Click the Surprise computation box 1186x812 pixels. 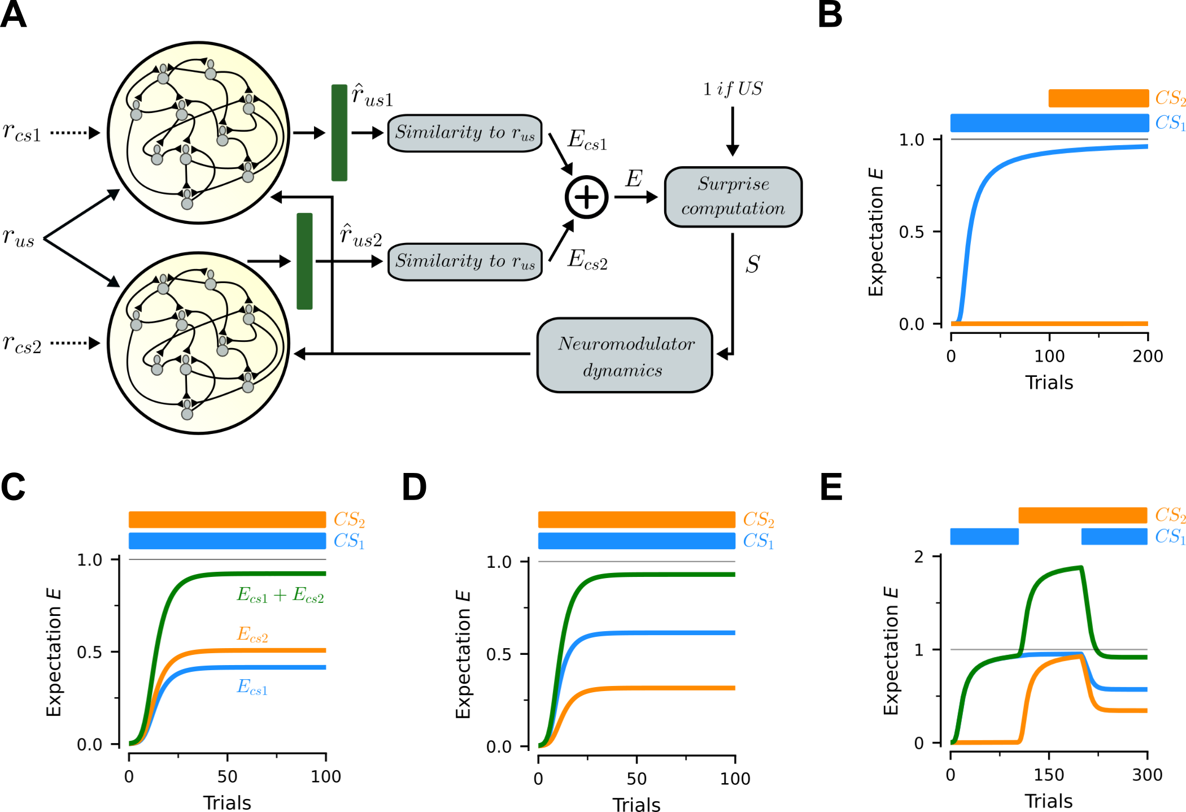click(733, 197)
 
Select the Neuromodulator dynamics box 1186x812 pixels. click(625, 355)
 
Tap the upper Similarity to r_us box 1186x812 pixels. click(465, 133)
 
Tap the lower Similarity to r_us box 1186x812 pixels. click(465, 262)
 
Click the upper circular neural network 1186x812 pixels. click(198, 133)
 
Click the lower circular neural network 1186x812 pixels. click(198, 343)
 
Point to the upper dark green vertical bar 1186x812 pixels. click(339, 133)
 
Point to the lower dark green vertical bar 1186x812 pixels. click(304, 261)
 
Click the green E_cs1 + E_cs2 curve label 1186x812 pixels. click(280, 595)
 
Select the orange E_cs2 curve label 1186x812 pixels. click(252, 634)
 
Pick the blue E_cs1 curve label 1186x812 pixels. click(252, 687)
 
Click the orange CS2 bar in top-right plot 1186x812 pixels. click(1098, 98)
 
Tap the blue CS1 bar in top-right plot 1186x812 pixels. click(1049, 123)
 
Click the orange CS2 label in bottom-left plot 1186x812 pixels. click(349, 519)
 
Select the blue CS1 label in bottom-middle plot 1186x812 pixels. click(758, 541)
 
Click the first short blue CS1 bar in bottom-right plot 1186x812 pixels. click(984, 536)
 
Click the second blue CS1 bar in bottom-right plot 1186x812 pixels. click(1114, 536)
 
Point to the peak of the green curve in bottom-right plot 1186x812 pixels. click(1080, 566)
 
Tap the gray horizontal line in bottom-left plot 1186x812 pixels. click(227, 559)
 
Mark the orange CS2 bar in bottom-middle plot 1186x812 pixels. click(636, 519)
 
